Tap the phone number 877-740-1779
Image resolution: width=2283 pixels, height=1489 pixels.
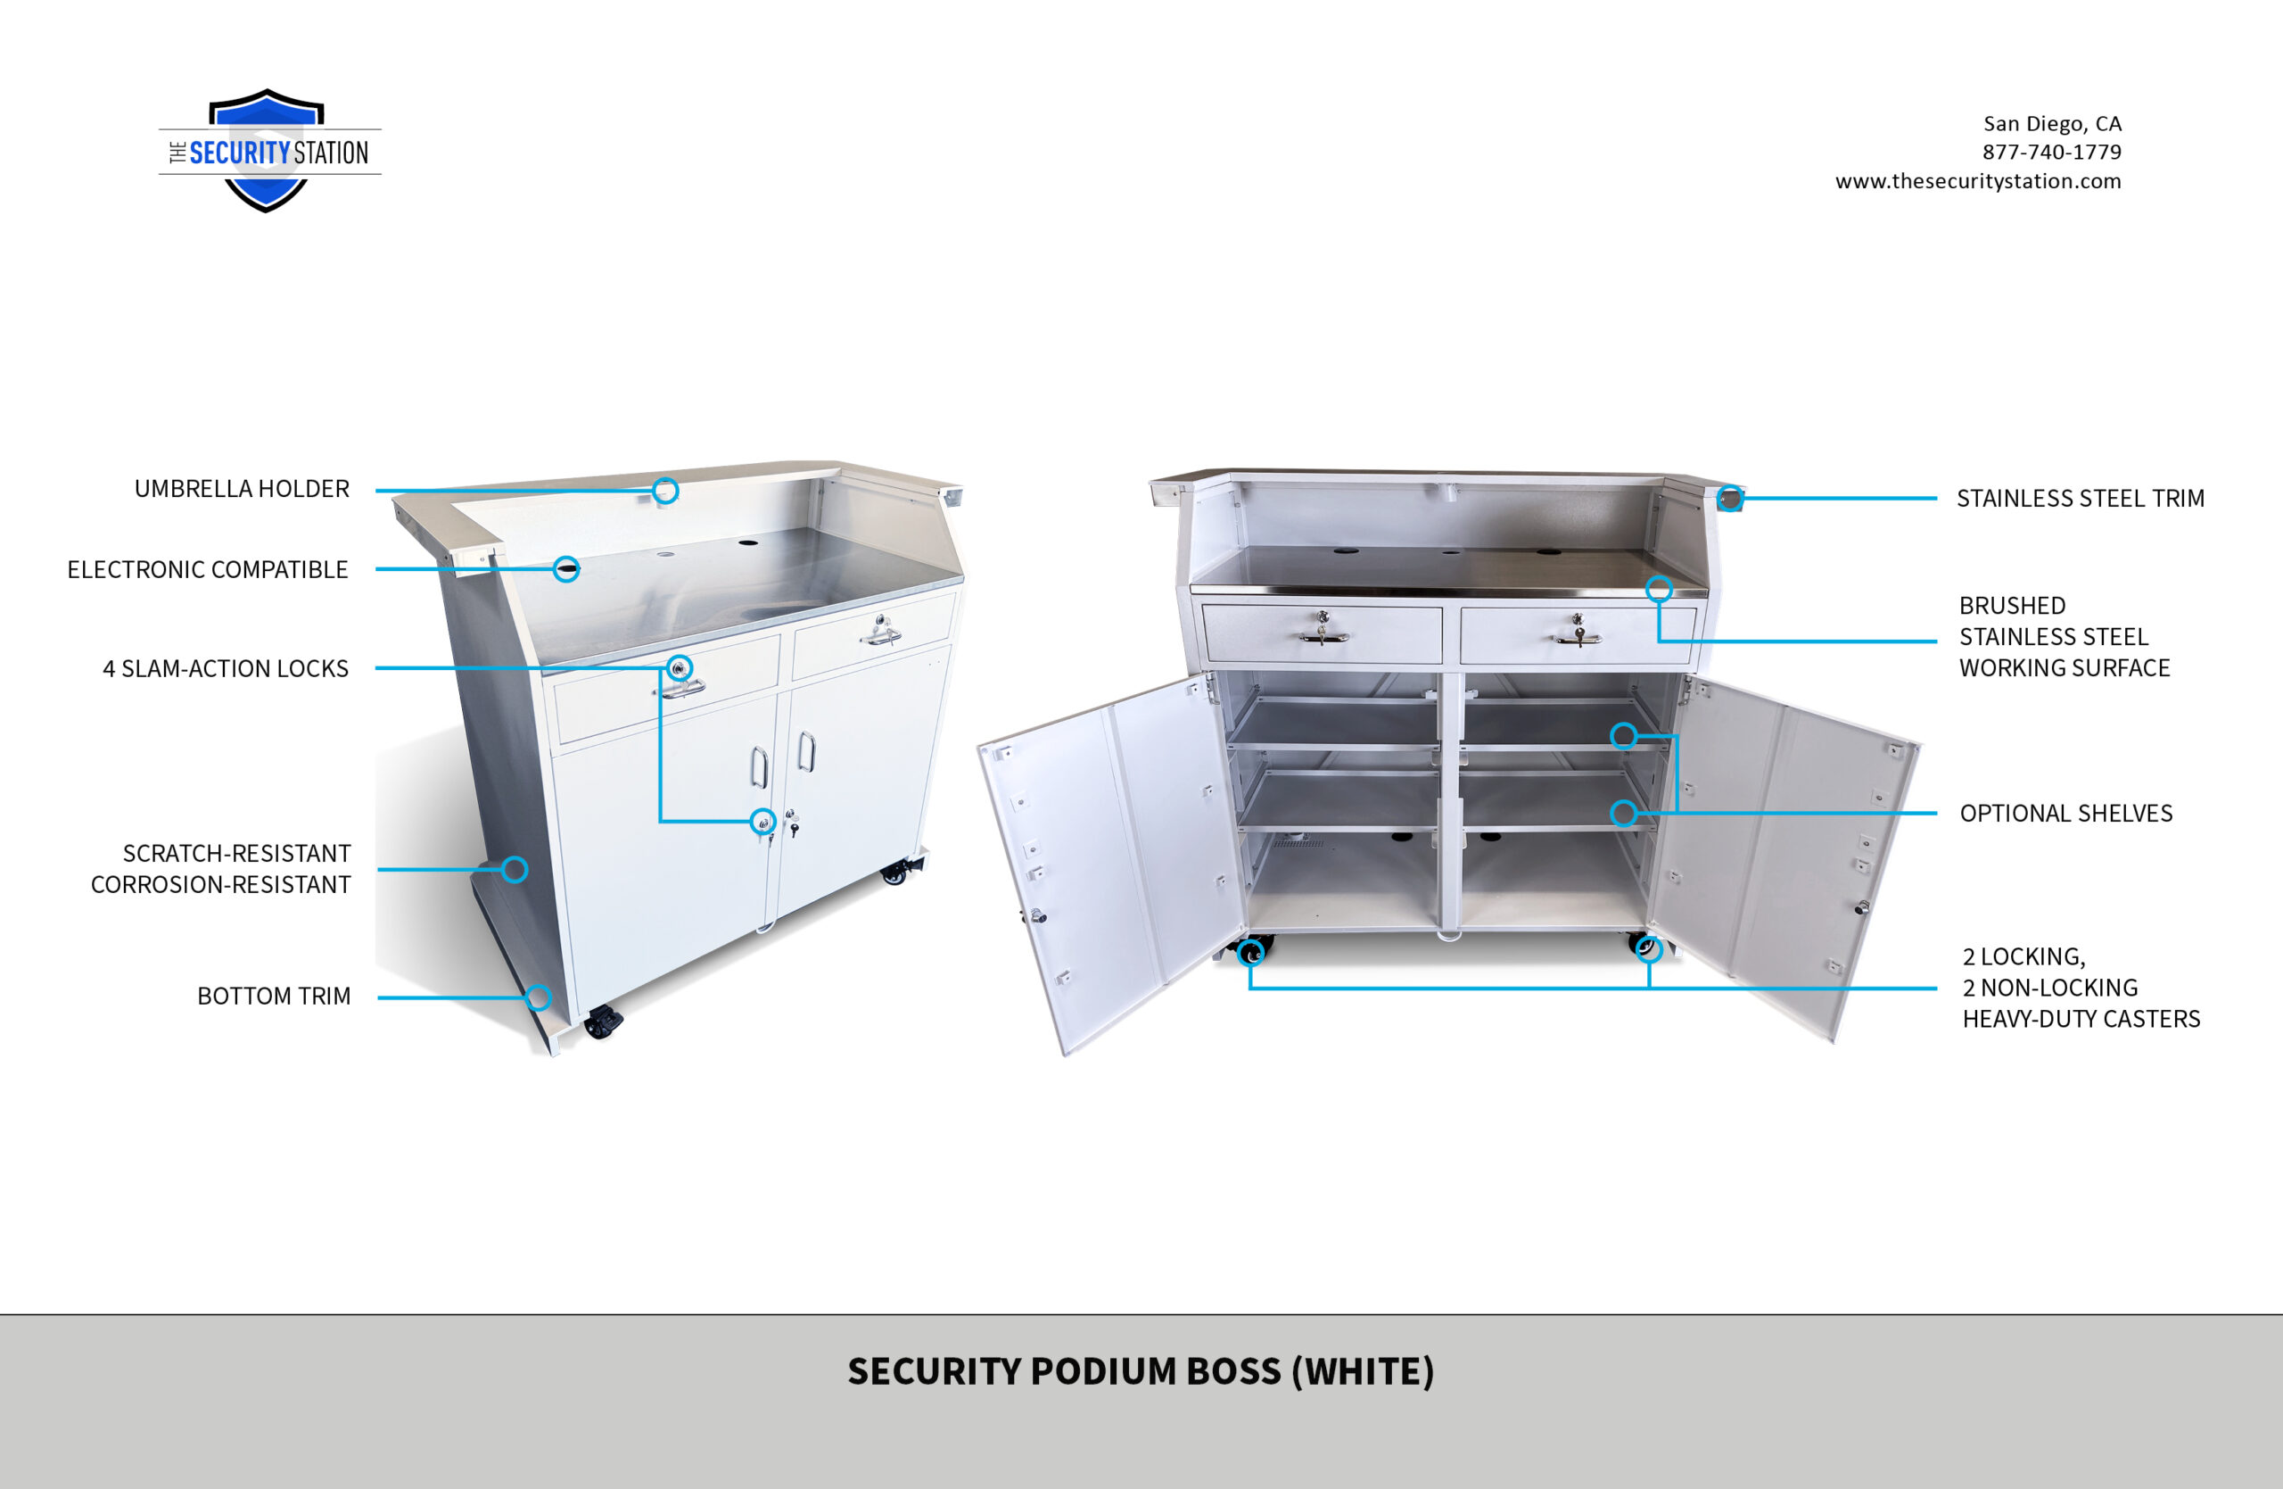coord(2052,152)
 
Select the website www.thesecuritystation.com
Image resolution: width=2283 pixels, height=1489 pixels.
coord(1978,181)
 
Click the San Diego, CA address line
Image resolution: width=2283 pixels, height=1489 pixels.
coord(2052,124)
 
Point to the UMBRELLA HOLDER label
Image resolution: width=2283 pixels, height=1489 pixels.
coord(242,489)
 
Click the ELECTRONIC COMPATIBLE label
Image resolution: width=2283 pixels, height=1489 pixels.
coord(207,570)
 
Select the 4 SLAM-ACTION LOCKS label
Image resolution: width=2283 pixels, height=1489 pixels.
coord(226,669)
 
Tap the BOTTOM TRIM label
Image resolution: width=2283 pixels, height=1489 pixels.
coord(274,997)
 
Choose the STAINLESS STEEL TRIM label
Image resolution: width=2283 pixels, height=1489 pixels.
coord(2081,499)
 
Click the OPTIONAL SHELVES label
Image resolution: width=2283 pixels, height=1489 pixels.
coord(2066,814)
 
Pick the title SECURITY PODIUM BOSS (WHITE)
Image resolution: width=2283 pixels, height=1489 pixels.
coord(1141,1372)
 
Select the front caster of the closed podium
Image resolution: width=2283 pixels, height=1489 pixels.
coord(604,1022)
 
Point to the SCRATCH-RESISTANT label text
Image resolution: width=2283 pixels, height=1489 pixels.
coord(237,854)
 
